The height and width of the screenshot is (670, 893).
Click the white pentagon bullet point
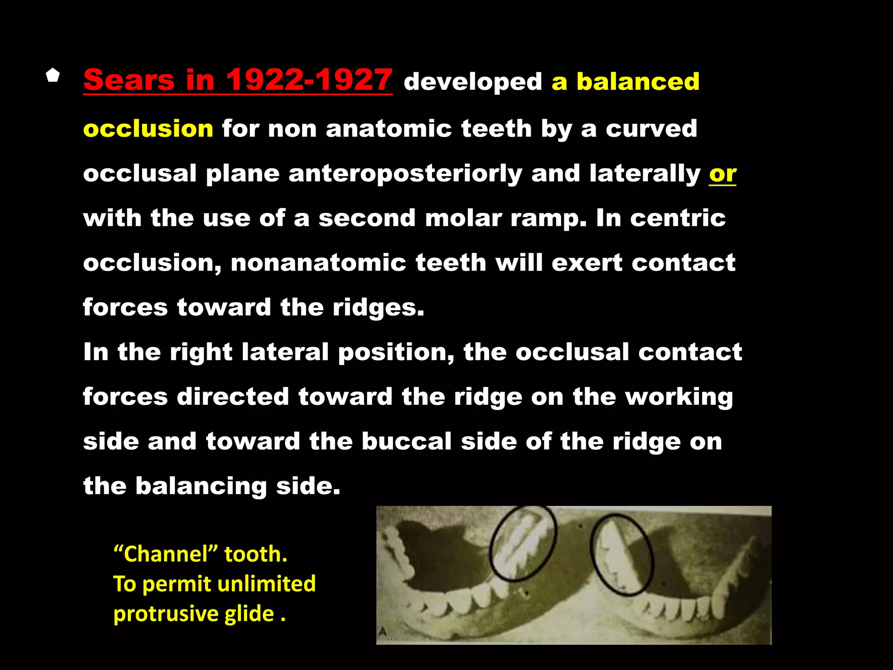click(x=53, y=75)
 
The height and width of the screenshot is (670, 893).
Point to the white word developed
click(x=473, y=82)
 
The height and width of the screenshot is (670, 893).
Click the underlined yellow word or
click(x=723, y=174)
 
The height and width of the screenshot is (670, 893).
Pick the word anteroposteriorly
click(x=405, y=174)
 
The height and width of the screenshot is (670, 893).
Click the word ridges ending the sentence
click(x=378, y=308)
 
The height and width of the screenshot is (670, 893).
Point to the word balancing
click(x=201, y=486)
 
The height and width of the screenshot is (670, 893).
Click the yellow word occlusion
click(x=148, y=129)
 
